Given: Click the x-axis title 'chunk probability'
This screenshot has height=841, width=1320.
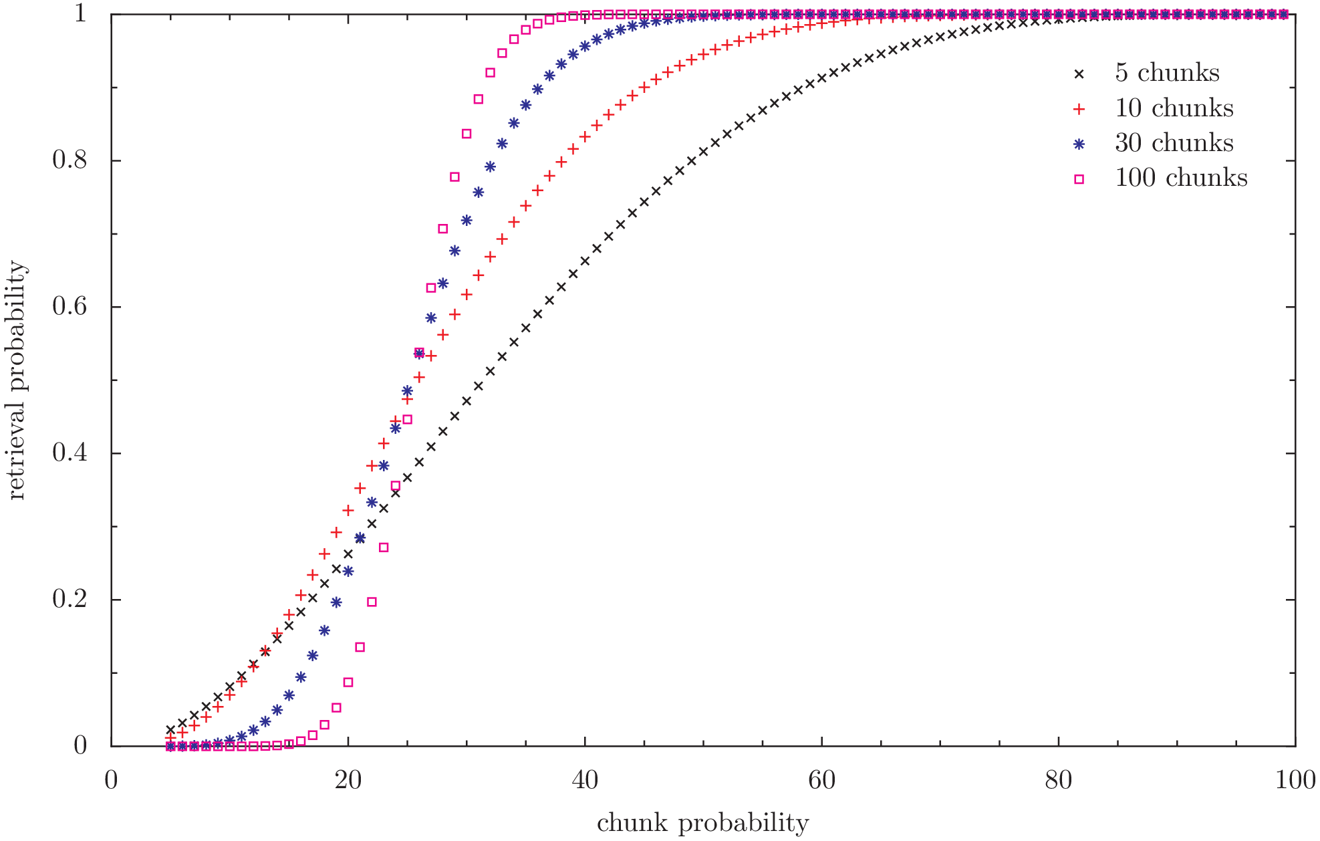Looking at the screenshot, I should [702, 823].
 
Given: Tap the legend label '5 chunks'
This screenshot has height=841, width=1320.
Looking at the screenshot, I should [1167, 73].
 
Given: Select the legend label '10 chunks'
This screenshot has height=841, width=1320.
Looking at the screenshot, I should [1174, 108].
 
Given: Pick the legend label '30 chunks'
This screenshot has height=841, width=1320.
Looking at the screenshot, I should [1174, 143].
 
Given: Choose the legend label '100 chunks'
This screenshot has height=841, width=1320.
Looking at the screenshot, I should [1181, 178].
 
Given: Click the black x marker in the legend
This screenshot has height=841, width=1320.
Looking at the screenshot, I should [1079, 74].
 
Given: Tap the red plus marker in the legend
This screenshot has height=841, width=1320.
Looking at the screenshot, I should [1079, 109].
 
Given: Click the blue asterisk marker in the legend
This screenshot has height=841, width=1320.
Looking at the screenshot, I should [1079, 144].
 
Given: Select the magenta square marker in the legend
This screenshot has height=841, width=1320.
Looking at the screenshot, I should [1079, 179].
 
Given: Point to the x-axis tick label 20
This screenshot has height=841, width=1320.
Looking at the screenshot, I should [348, 780].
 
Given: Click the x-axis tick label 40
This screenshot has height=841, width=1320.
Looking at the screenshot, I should [585, 780].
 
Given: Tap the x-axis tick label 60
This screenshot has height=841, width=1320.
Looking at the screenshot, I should [821, 780].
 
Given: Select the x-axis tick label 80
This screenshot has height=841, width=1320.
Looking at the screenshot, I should [1059, 780].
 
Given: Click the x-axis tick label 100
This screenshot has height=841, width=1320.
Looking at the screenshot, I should [1295, 780].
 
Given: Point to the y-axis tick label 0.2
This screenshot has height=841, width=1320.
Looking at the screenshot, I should [70, 599].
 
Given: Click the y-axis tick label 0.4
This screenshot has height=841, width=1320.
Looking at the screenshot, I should [70, 453].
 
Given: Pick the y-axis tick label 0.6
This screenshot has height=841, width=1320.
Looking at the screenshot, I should [70, 306].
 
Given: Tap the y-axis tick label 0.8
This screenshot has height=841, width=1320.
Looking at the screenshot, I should [70, 160].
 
